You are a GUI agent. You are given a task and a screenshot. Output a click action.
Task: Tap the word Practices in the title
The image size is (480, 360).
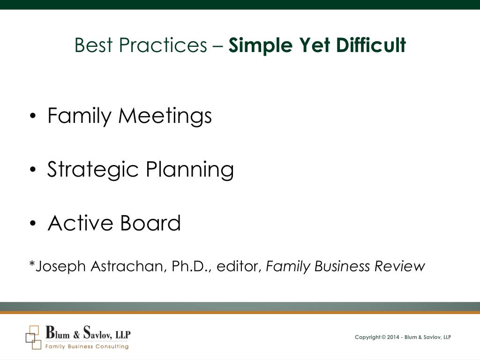click(x=163, y=45)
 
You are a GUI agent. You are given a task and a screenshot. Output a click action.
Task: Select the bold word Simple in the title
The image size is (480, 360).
click(x=255, y=45)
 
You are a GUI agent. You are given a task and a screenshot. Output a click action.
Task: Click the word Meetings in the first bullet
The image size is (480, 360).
click(x=165, y=116)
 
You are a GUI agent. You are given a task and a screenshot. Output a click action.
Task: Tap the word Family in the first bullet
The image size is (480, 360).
click(x=80, y=116)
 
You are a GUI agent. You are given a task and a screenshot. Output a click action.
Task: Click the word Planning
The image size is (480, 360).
click(x=189, y=170)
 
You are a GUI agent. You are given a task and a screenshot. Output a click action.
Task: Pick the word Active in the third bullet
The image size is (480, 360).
click(x=80, y=223)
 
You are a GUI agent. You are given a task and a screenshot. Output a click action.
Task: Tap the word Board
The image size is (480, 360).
click(x=150, y=223)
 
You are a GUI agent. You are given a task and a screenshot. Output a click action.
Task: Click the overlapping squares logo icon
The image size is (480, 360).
click(x=33, y=337)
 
